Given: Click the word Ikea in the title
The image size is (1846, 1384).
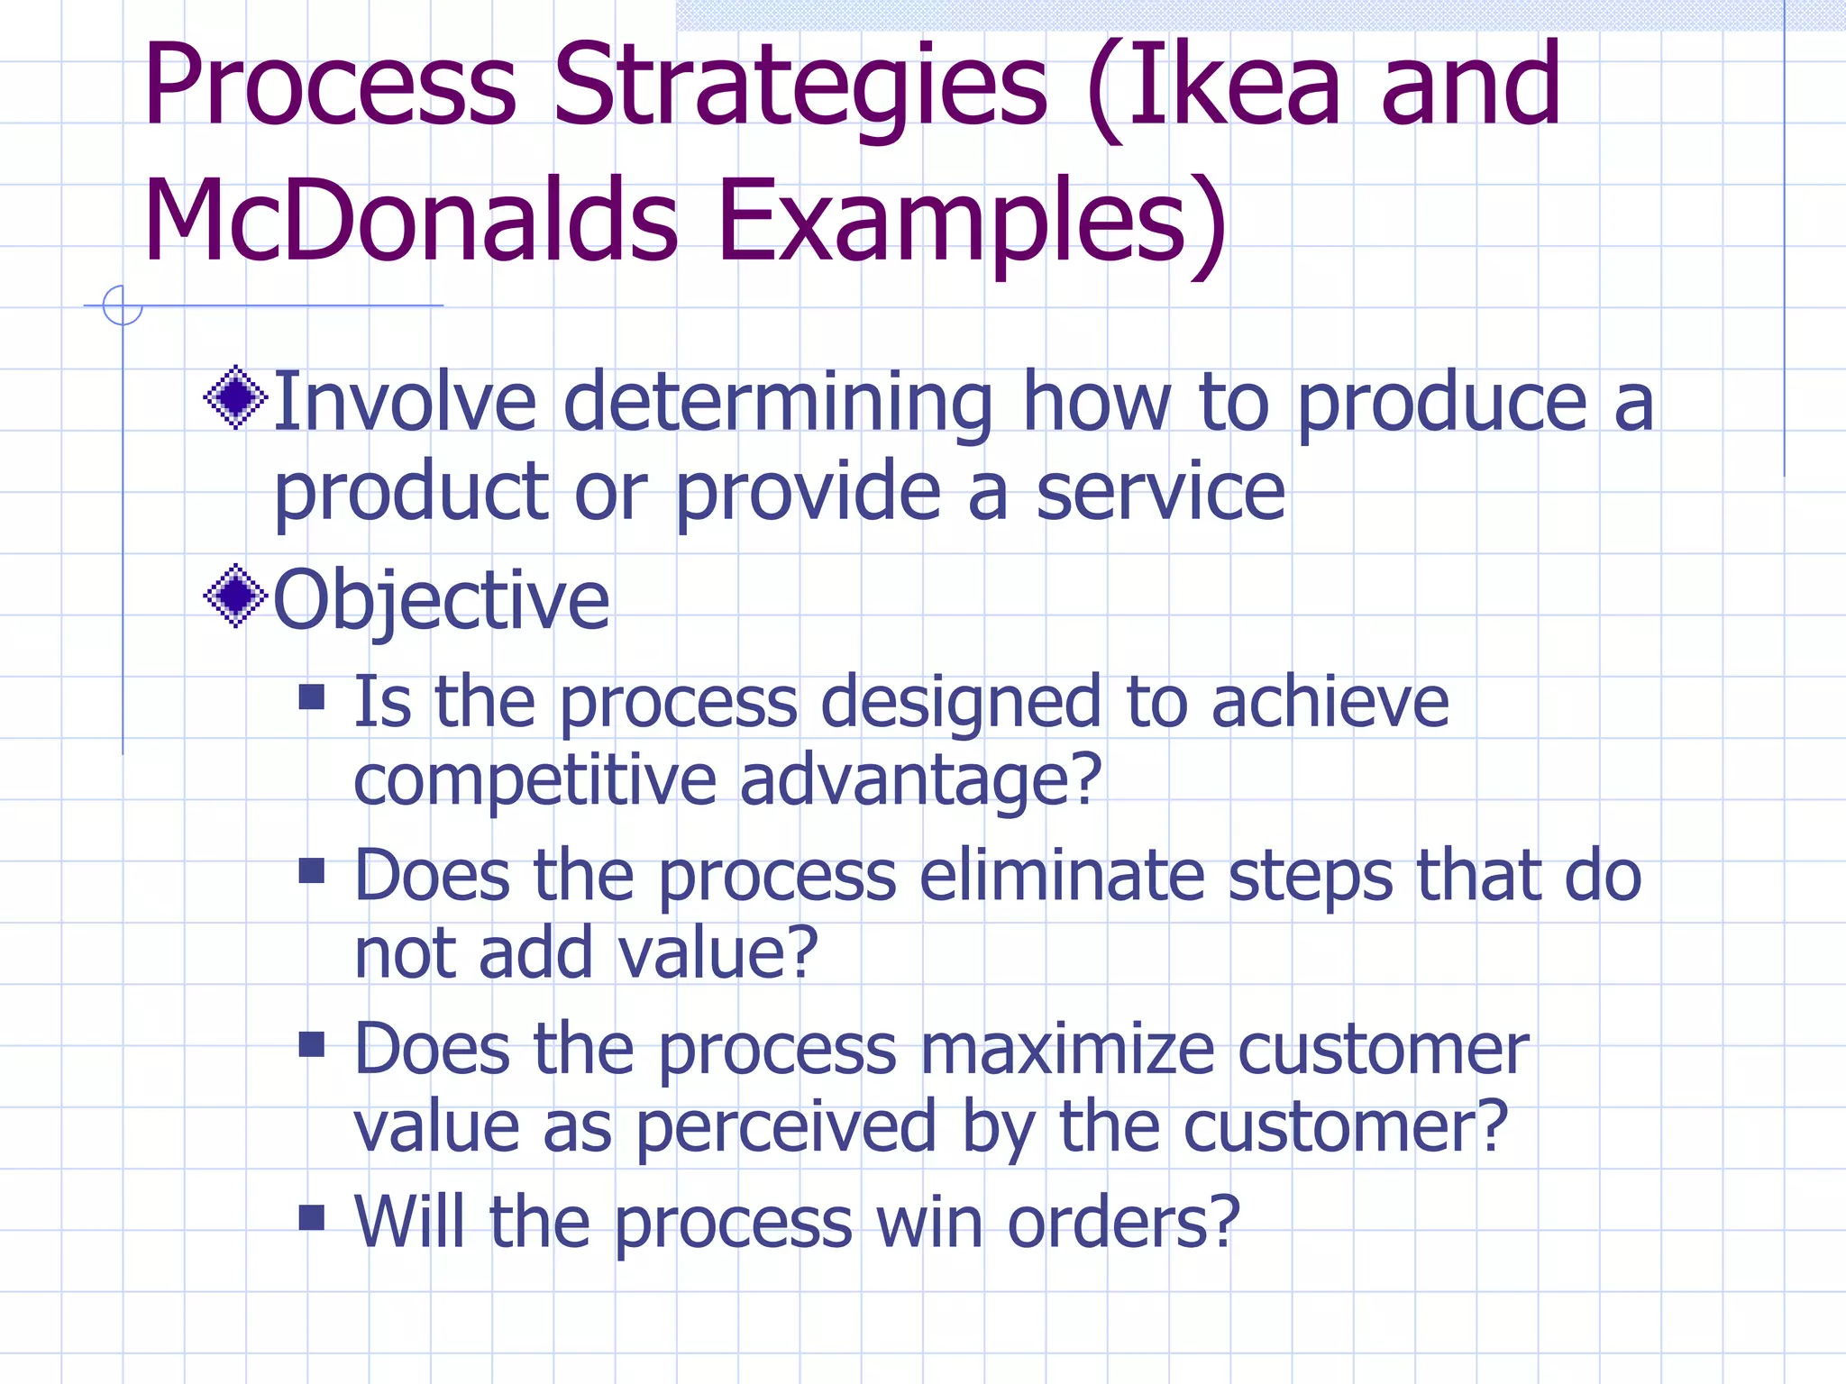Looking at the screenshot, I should pos(1234,86).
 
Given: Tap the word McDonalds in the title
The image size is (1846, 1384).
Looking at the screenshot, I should pos(410,221).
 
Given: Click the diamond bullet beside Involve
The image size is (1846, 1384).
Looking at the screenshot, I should pos(236,397).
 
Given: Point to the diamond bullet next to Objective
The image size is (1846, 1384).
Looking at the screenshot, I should pos(236,596).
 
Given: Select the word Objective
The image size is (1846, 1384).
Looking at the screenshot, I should pos(441,601).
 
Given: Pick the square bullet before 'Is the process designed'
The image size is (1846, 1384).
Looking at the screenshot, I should pos(312,697).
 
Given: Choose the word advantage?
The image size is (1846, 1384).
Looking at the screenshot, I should pos(920,780).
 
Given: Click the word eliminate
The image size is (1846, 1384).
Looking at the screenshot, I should pos(1062,876).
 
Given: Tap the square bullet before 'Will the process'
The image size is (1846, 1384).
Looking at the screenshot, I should pos(312,1217).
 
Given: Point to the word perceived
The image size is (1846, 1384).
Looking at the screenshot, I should pos(785,1128).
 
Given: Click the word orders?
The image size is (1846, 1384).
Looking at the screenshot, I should pos(1123,1223).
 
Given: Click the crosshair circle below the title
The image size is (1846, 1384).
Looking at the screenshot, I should pos(123,305).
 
